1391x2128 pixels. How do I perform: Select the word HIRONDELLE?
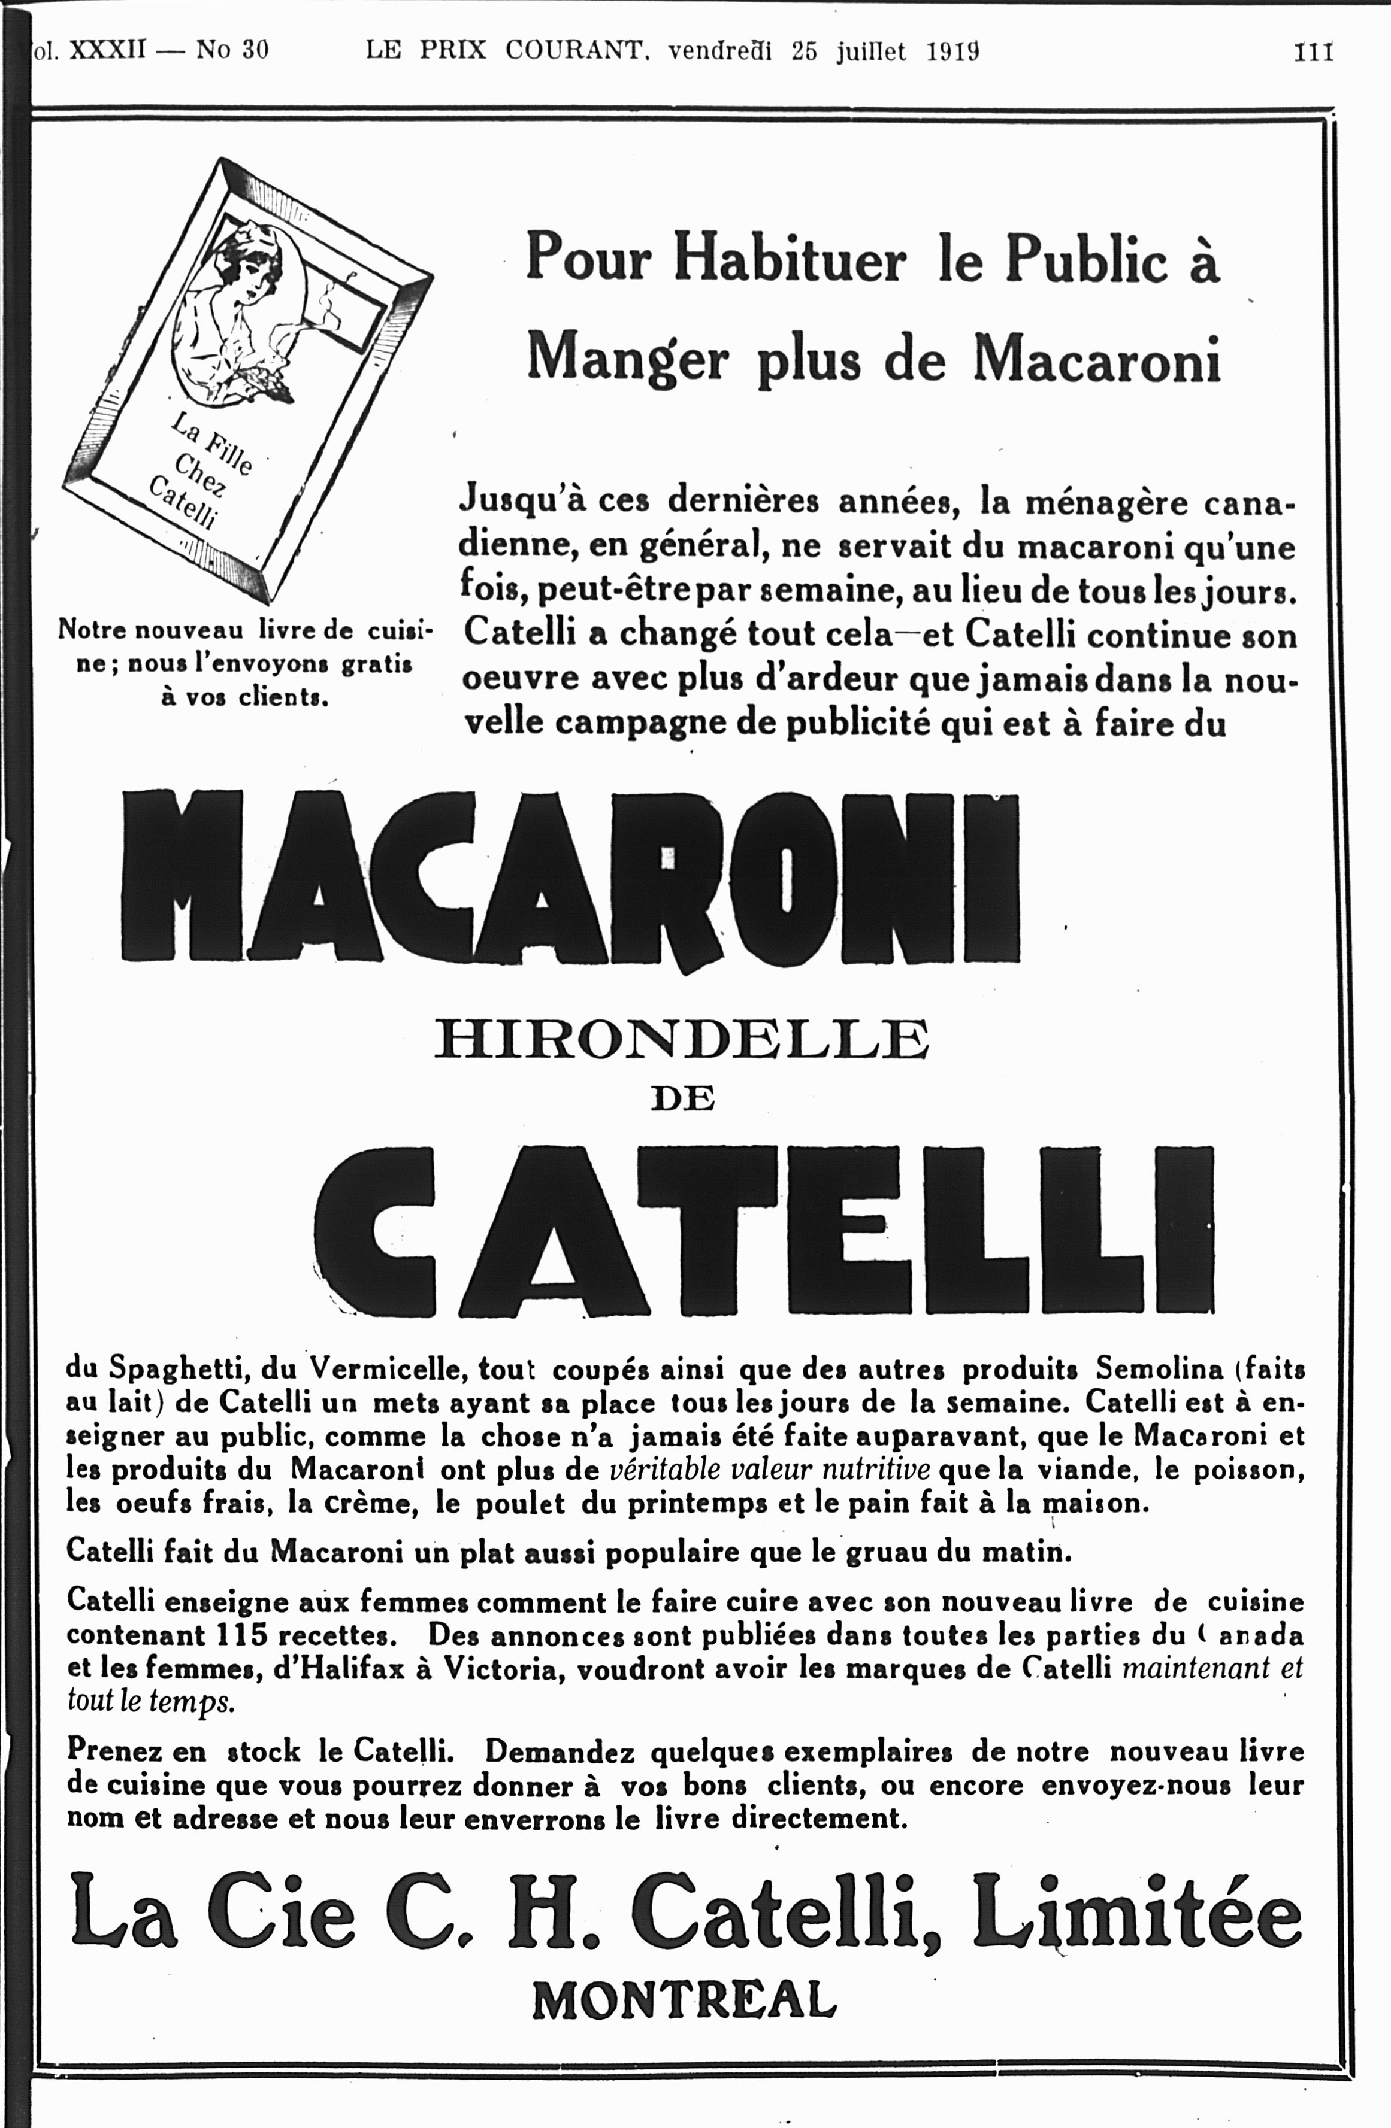point(682,1041)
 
